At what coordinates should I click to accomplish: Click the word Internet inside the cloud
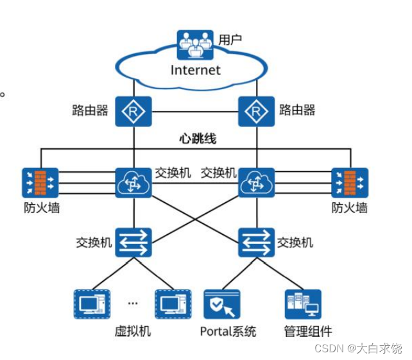coord(195,70)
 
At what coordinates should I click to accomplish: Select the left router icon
coord(133,111)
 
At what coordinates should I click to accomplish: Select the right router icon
coord(256,111)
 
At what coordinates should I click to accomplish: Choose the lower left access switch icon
coord(133,243)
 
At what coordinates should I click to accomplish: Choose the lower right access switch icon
coord(256,243)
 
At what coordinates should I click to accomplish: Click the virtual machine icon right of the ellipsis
coord(173,304)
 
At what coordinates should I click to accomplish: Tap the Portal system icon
coord(221,304)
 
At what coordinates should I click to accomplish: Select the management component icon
coord(303,304)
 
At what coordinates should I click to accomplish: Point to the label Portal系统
coord(228,332)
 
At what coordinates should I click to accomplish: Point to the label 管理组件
coord(308,332)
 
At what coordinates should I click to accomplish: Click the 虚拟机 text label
coord(132,332)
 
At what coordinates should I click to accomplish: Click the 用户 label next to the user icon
coord(230,40)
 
